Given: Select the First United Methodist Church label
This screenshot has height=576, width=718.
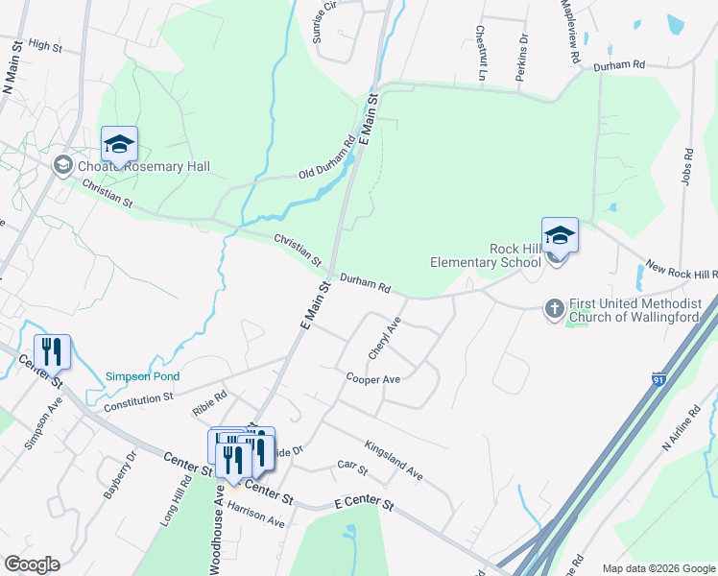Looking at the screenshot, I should pos(635,309).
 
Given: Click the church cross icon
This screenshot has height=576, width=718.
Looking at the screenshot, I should pos(553,309).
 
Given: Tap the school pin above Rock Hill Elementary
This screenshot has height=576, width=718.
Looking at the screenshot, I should pos(560,235).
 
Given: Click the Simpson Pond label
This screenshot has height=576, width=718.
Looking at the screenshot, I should pos(142,376).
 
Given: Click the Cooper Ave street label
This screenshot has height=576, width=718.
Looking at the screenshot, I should pos(373,378).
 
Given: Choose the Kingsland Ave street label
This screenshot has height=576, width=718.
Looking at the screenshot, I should pos(394,460).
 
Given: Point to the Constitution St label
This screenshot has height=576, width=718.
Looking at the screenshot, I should pos(138,396).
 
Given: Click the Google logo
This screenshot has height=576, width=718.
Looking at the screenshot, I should pos(32,564).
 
